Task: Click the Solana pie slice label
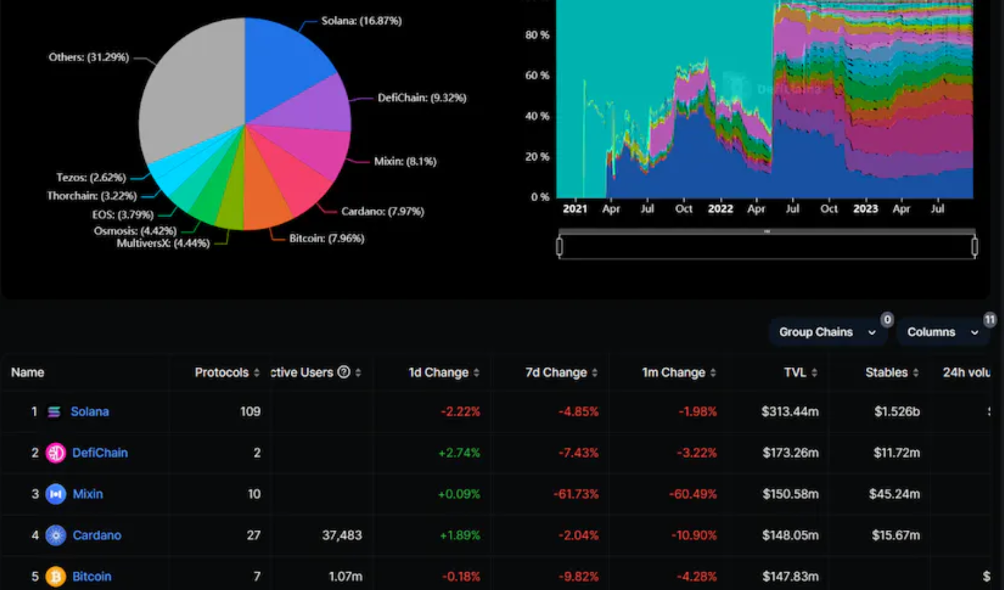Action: [x=361, y=21]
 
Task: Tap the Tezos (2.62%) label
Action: [x=91, y=178]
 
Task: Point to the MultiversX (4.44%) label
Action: [x=163, y=244]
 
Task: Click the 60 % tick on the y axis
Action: [x=537, y=76]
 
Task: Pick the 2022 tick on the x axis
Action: [x=720, y=209]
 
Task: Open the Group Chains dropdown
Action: [x=827, y=332]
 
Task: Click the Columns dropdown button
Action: [x=942, y=332]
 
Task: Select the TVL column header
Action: [x=794, y=372]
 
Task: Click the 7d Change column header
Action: [x=556, y=372]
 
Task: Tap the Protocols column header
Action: [x=222, y=372]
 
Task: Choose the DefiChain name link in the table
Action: [x=100, y=453]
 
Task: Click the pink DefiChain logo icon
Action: [x=56, y=453]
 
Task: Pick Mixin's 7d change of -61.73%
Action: [x=576, y=494]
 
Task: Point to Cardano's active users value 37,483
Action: [x=342, y=535]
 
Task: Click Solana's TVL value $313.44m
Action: [x=790, y=411]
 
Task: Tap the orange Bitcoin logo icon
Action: [x=56, y=577]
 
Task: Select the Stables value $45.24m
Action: [x=894, y=494]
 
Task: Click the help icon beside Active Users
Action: [x=344, y=372]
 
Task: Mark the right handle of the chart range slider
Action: [x=974, y=247]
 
